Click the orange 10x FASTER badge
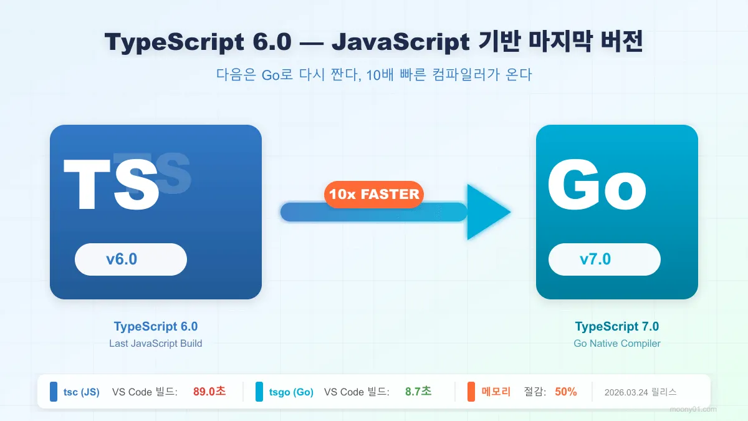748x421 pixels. click(374, 194)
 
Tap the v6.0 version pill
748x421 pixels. click(131, 259)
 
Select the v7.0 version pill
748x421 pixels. click(604, 259)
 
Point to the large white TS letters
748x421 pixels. click(112, 186)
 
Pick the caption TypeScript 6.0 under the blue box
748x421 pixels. click(156, 326)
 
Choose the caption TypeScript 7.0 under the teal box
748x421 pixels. click(616, 326)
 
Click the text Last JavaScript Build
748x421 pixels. click(156, 343)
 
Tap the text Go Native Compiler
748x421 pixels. click(616, 343)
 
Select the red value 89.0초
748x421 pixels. click(209, 392)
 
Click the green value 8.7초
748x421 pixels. click(418, 392)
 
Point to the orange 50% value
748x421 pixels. click(565, 392)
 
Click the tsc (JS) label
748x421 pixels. click(81, 392)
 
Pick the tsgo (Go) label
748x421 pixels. click(291, 392)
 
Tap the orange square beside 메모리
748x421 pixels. click(471, 392)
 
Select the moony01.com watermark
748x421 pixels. click(693, 409)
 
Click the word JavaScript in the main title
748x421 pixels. click(401, 42)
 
